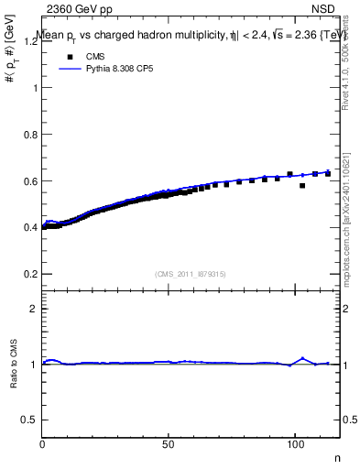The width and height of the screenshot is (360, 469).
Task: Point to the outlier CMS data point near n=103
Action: pyautogui.click(x=302, y=186)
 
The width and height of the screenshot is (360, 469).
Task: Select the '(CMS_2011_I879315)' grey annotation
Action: pyautogui.click(x=191, y=274)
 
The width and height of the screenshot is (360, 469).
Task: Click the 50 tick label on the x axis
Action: pyautogui.click(x=168, y=443)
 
